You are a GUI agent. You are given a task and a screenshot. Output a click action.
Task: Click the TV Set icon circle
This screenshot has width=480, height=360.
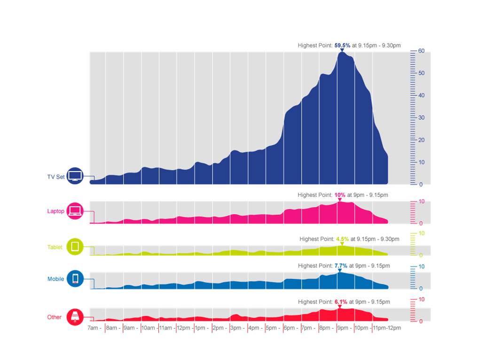click(x=75, y=176)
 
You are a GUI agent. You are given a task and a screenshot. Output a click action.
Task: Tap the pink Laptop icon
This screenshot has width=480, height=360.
click(x=75, y=211)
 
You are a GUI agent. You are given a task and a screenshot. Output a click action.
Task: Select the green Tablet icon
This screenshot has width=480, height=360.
click(x=75, y=246)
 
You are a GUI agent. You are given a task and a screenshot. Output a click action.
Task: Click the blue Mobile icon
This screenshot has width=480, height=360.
click(x=75, y=279)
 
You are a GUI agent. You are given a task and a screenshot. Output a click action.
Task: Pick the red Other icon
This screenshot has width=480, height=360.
click(x=75, y=317)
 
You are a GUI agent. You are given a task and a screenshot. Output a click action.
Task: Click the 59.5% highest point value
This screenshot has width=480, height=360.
click(x=342, y=46)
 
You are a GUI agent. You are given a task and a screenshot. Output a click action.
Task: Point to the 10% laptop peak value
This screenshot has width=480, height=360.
click(x=339, y=195)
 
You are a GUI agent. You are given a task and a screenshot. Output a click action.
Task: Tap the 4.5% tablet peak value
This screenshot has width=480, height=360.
click(x=342, y=239)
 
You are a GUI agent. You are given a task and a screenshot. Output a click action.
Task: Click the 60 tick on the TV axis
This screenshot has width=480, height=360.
click(x=422, y=51)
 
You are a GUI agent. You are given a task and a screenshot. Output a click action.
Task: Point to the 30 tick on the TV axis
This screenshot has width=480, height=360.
click(x=422, y=117)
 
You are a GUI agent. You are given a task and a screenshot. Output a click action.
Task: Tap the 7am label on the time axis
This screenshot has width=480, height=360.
click(x=94, y=328)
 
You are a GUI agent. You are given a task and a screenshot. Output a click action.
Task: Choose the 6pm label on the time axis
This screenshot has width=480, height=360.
click(x=289, y=328)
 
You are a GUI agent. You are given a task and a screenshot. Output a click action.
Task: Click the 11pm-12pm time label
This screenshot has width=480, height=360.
click(x=387, y=328)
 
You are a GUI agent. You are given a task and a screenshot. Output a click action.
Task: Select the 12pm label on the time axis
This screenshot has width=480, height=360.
click(x=183, y=328)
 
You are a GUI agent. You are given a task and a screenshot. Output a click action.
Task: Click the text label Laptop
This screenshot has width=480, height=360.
click(x=55, y=211)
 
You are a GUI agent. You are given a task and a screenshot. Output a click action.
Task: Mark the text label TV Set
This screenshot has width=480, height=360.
click(x=55, y=177)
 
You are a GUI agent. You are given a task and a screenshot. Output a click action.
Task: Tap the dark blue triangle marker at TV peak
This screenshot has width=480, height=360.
click(x=342, y=50)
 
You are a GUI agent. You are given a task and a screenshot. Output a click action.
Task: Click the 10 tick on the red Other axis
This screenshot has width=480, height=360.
click(x=422, y=299)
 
